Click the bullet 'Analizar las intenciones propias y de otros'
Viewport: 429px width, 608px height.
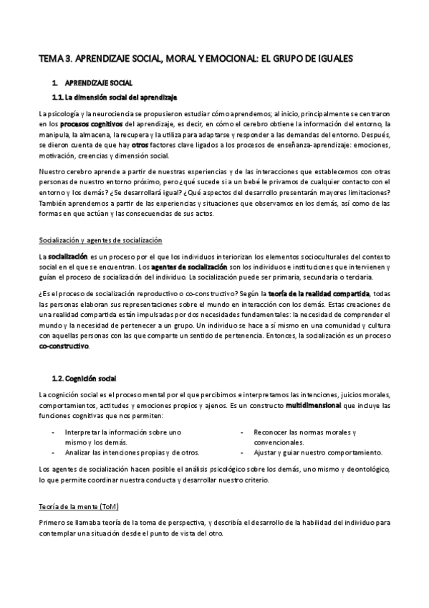pos(132,452)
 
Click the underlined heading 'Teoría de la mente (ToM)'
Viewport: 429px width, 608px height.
pos(79,506)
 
